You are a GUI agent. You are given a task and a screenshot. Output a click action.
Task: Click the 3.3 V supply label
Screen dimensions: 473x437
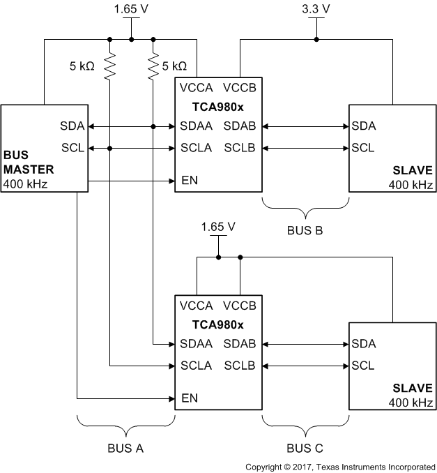[x=316, y=10]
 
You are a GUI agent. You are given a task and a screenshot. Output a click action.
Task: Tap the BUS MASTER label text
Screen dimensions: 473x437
[x=28, y=161]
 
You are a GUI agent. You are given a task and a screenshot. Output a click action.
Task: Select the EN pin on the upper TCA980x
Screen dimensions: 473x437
[x=189, y=181]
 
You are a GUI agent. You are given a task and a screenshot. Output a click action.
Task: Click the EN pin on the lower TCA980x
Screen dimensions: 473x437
[x=189, y=398]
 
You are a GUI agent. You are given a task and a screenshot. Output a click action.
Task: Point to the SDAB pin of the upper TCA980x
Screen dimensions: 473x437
[x=240, y=126]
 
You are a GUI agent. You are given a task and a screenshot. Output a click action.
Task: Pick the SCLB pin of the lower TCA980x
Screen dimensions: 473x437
[x=240, y=366]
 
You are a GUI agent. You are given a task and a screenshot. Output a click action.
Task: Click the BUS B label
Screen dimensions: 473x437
[x=305, y=230]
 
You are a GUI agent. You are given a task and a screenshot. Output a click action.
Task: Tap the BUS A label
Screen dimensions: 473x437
[x=125, y=448]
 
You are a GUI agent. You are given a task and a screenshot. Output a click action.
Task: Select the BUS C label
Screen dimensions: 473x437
[x=305, y=448]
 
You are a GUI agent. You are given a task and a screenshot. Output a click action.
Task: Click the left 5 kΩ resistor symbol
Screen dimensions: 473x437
[x=110, y=66]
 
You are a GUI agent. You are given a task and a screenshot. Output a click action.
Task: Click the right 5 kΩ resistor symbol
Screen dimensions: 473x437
[x=153, y=66]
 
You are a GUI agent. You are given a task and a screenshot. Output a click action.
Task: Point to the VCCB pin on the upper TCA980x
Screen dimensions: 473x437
[x=240, y=88]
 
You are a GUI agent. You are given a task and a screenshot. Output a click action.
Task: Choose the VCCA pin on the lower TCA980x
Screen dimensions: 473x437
[x=197, y=306]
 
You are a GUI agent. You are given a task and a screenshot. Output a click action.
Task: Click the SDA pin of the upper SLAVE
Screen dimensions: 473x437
[x=364, y=126]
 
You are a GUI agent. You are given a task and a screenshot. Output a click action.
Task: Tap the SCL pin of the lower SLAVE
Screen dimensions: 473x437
[x=362, y=366]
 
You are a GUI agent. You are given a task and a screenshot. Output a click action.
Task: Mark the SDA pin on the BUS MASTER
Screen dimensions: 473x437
[x=72, y=126]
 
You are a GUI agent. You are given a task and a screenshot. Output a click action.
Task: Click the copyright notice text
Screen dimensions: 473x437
[x=340, y=466]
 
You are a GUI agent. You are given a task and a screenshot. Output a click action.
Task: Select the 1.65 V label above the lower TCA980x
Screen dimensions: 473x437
[x=217, y=227]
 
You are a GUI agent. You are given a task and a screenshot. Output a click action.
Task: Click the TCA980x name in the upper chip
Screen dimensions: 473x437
[x=218, y=107]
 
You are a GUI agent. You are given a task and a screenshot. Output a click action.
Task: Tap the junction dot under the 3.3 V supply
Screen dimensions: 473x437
[x=316, y=40]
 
